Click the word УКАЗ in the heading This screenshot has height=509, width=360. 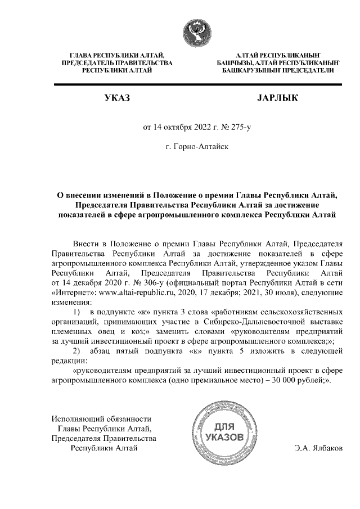click(x=116, y=98)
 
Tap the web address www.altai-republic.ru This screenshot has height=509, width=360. click(x=136, y=293)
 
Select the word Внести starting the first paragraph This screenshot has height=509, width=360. click(x=87, y=243)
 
